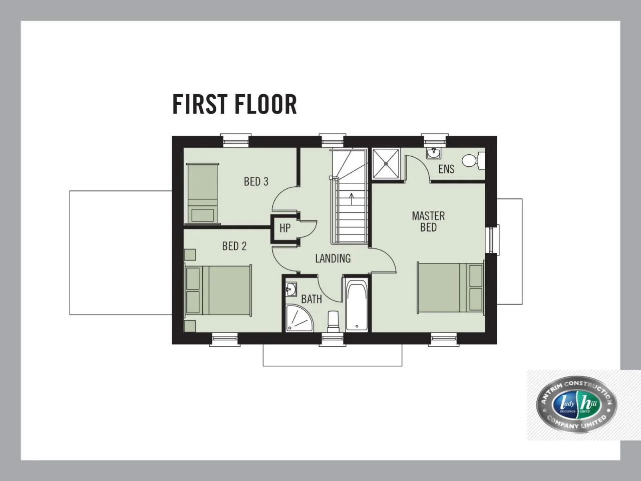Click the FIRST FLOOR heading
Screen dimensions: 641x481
click(234, 104)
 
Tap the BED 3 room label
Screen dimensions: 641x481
click(256, 182)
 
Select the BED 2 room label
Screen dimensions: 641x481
click(234, 246)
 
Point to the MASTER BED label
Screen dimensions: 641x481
click(428, 221)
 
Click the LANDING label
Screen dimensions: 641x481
click(333, 259)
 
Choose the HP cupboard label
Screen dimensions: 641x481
click(285, 228)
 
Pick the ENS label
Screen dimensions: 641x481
click(446, 169)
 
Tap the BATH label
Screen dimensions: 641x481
click(311, 299)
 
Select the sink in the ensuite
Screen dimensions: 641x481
click(434, 153)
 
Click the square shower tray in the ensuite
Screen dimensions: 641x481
click(386, 163)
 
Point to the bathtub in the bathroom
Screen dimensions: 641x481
click(357, 305)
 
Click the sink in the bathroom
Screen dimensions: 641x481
click(291, 290)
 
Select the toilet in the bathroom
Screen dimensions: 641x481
click(333, 322)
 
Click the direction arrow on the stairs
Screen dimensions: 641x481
click(352, 199)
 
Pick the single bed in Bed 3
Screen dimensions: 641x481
click(203, 194)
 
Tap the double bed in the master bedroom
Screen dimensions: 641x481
click(451, 288)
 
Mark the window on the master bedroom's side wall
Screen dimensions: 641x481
click(494, 239)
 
